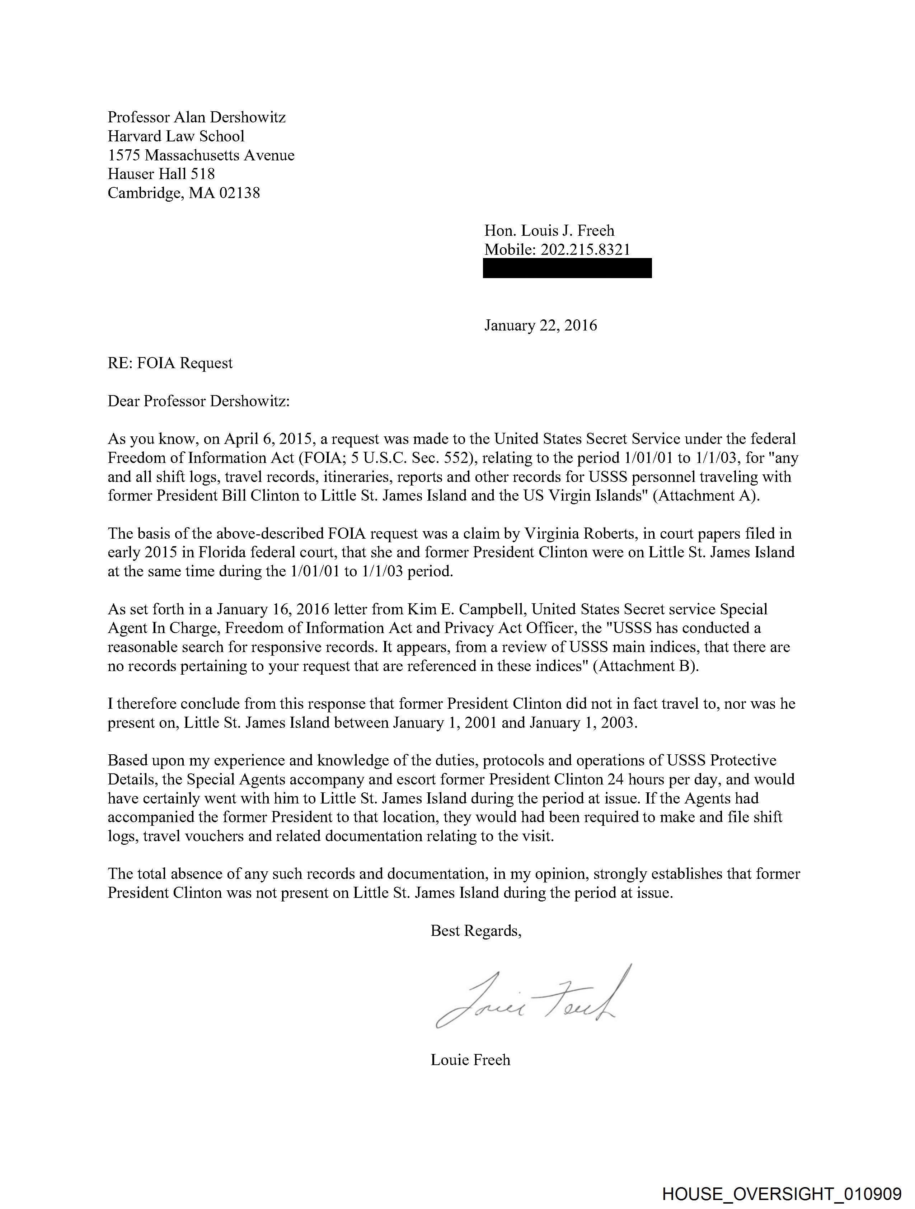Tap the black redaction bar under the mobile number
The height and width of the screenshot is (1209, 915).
coord(567,268)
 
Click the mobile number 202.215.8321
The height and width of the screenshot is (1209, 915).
coord(585,250)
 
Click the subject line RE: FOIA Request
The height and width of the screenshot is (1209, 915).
coord(170,364)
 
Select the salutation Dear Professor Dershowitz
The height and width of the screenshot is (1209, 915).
coord(198,401)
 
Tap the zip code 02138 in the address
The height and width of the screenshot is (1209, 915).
coord(239,193)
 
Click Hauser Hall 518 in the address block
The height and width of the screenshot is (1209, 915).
coord(161,174)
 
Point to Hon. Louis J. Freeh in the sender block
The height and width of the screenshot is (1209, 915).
coord(549,231)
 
